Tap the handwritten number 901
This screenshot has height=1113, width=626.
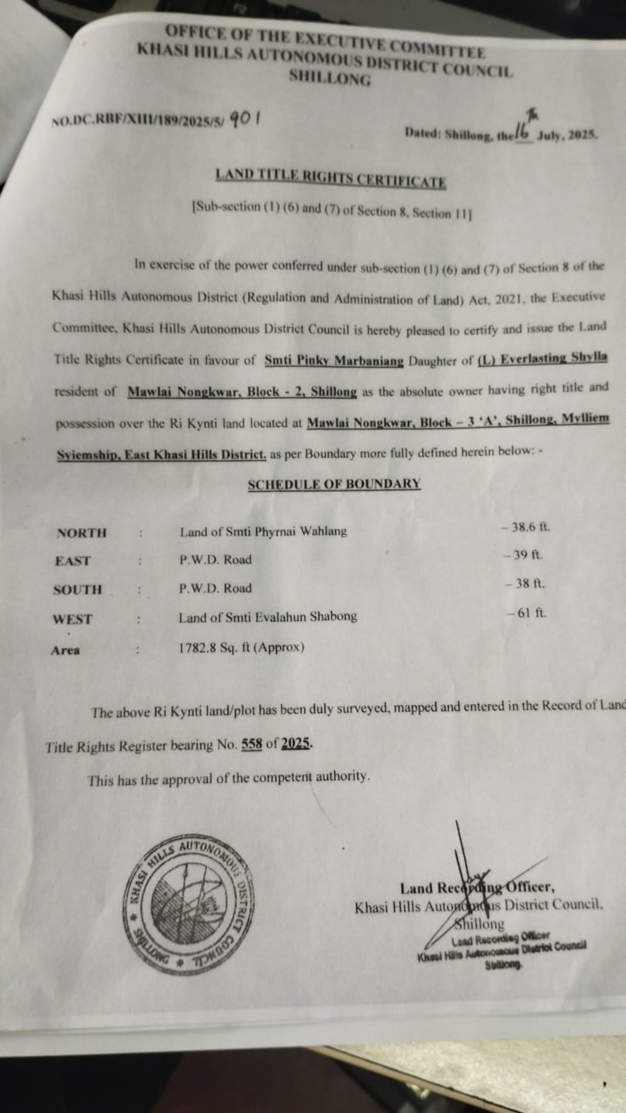pyautogui.click(x=244, y=118)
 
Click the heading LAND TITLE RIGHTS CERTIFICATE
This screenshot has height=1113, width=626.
pyautogui.click(x=331, y=178)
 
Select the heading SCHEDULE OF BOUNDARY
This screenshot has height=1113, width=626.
pyautogui.click(x=334, y=483)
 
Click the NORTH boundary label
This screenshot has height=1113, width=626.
pyautogui.click(x=82, y=533)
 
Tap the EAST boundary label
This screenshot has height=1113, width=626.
pyautogui.click(x=73, y=561)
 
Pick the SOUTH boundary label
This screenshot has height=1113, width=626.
pyautogui.click(x=77, y=590)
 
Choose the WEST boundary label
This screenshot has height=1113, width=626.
pyautogui.click(x=72, y=619)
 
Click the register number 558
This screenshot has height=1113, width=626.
pyautogui.click(x=251, y=744)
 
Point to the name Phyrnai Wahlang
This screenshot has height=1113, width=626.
pyautogui.click(x=302, y=531)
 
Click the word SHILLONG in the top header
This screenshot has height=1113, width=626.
pyautogui.click(x=329, y=78)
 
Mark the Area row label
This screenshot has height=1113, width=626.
pyautogui.click(x=65, y=651)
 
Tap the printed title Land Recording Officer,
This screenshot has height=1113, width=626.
pyautogui.click(x=477, y=887)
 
